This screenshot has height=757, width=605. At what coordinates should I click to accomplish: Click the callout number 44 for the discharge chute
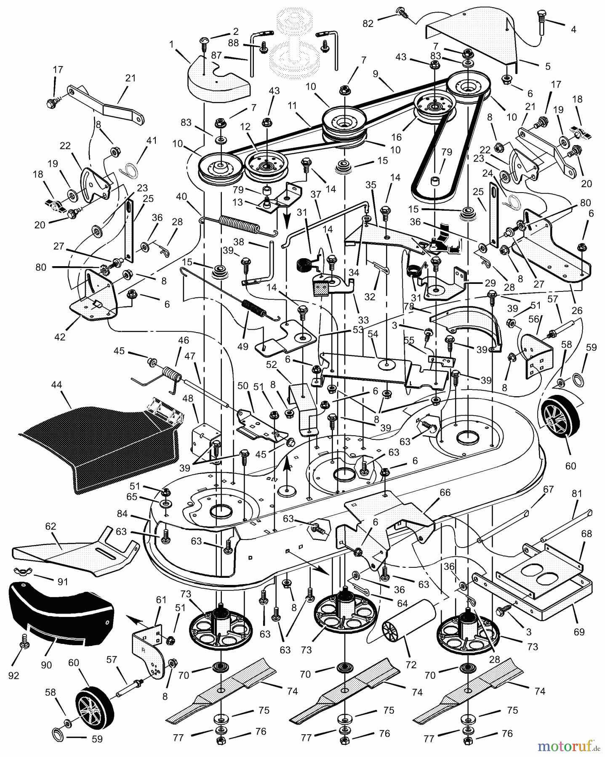tap(56, 385)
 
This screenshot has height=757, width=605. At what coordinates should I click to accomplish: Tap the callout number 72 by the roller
tap(410, 665)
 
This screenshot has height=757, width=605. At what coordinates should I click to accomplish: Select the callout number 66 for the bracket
tap(445, 492)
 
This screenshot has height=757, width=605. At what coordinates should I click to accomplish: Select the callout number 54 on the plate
tap(373, 334)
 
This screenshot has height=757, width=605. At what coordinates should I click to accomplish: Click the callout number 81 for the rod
tap(576, 494)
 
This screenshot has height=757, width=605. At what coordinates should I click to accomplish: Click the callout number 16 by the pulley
tap(397, 137)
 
